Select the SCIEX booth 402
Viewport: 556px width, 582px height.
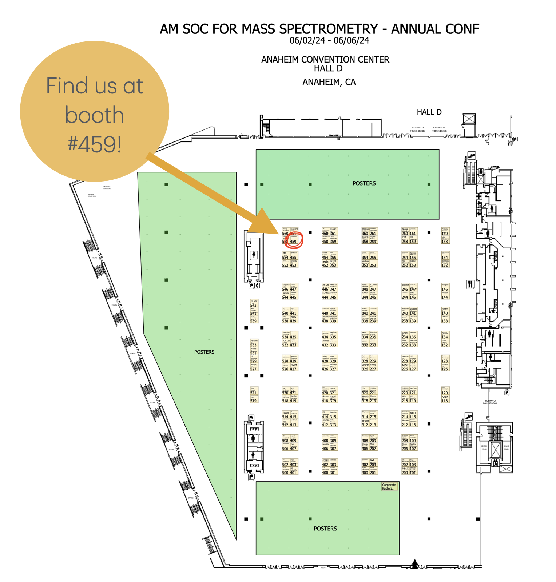click(x=325, y=463)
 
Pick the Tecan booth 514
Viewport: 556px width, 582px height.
click(x=286, y=415)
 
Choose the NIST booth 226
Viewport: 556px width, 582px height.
click(x=405, y=367)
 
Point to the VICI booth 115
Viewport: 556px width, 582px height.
click(x=413, y=415)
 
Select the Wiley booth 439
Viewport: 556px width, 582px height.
click(x=293, y=319)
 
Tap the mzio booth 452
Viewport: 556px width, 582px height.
click(x=325, y=263)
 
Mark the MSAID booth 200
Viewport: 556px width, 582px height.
click(x=405, y=471)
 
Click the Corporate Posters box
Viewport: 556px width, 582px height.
click(x=389, y=486)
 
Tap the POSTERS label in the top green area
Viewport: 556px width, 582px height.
click(x=364, y=183)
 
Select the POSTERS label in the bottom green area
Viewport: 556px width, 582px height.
click(x=325, y=529)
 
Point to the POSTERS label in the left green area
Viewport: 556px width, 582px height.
click(x=204, y=352)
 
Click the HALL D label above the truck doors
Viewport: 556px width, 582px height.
click(x=429, y=112)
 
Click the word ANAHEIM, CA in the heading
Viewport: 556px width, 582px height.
click(x=329, y=82)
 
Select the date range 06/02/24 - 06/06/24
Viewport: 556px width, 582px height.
click(x=329, y=41)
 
